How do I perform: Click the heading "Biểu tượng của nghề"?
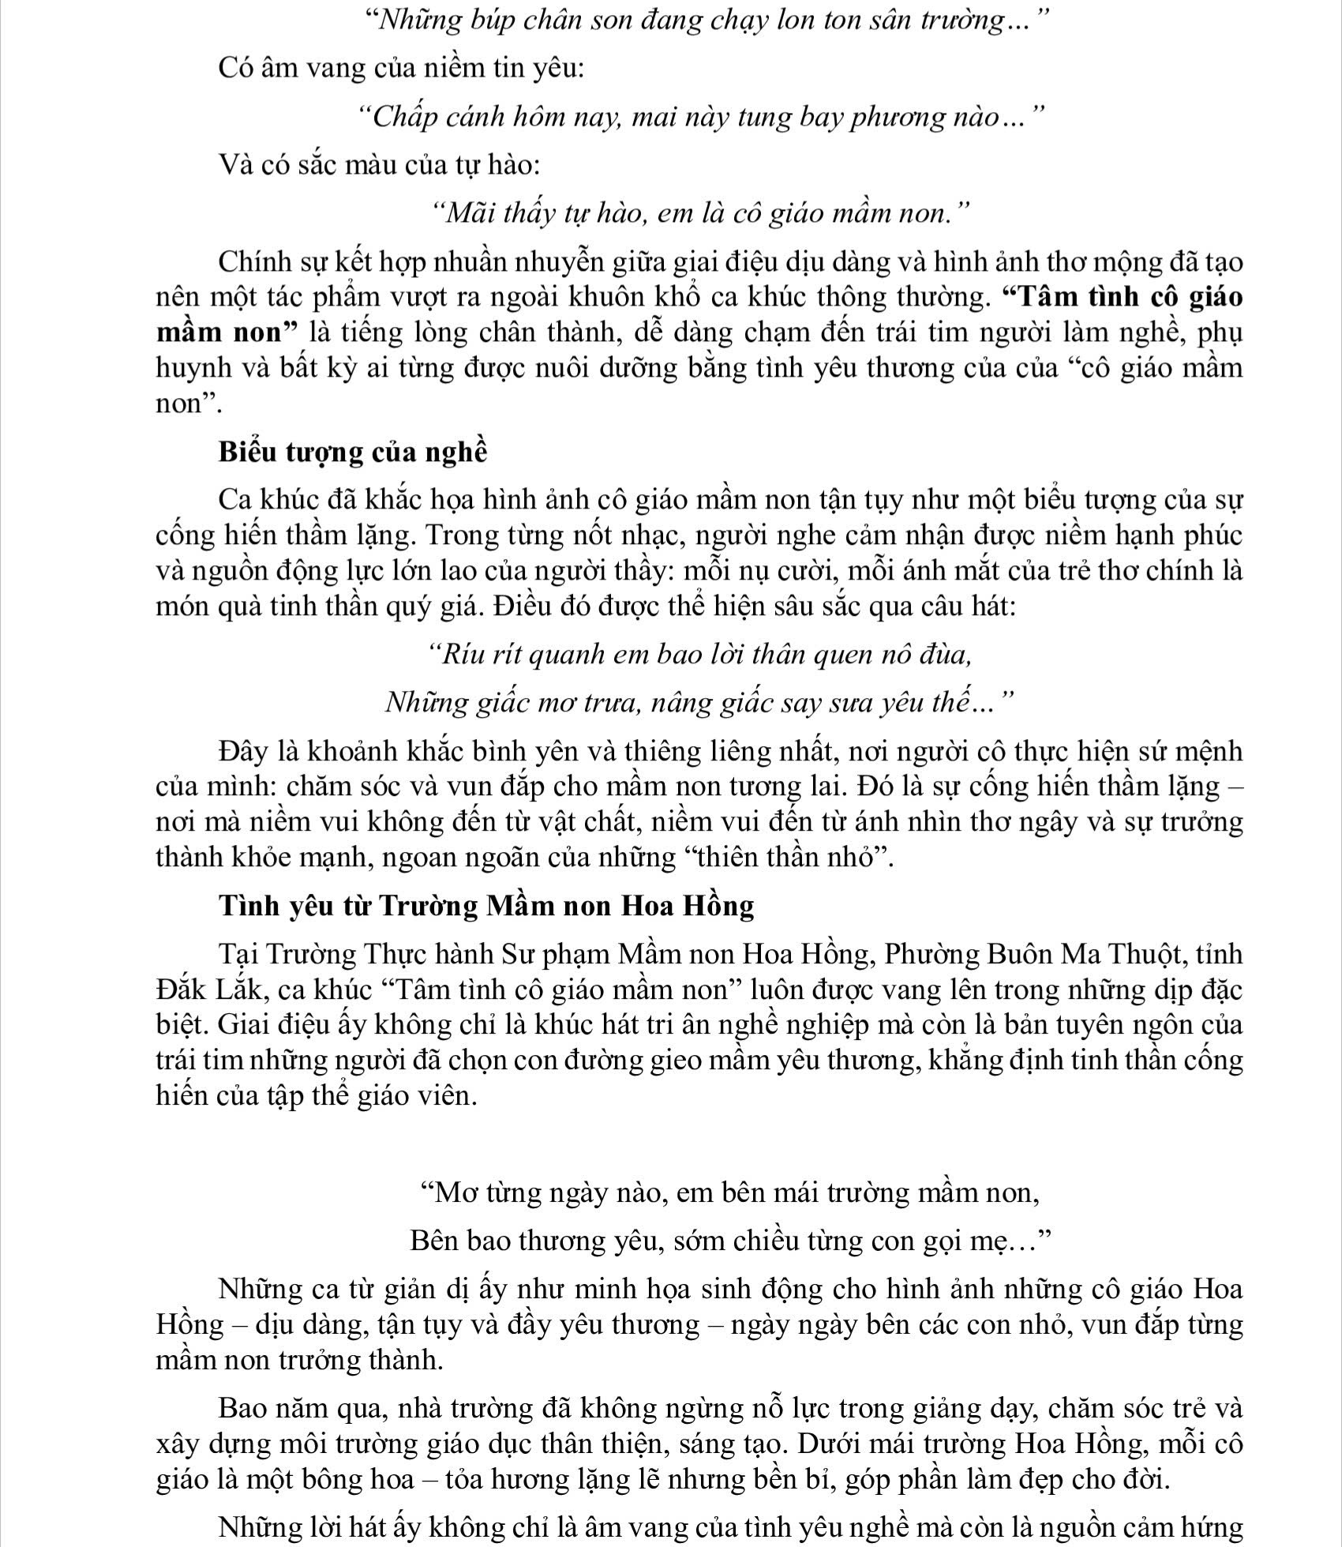tap(353, 452)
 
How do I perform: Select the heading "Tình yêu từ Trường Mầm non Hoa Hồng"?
tap(486, 905)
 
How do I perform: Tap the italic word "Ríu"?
tap(460, 655)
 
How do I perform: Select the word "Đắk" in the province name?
tap(181, 989)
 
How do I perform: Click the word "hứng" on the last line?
tap(1215, 1526)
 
